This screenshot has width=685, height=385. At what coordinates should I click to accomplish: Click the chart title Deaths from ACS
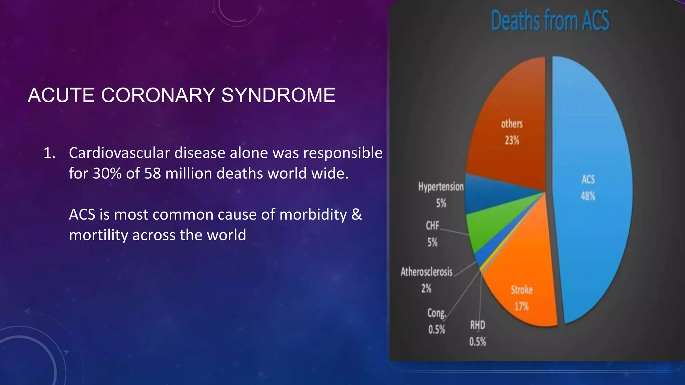[x=550, y=21]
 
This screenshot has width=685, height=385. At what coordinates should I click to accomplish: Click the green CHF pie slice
[x=492, y=227]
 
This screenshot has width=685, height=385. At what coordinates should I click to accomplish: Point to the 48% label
[x=588, y=196]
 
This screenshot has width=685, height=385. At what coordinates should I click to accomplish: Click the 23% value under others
[x=512, y=140]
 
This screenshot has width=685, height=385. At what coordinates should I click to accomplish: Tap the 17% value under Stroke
[x=521, y=306]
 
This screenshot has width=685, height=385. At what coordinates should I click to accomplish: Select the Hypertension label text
[x=441, y=187]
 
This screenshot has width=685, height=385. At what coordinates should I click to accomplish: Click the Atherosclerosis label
[x=426, y=272]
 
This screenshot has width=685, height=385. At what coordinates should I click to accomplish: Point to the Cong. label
[x=436, y=313]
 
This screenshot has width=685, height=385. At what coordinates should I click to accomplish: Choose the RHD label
[x=477, y=325]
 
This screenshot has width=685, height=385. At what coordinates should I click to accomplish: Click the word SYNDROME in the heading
[x=278, y=95]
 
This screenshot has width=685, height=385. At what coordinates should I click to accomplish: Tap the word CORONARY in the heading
[x=158, y=95]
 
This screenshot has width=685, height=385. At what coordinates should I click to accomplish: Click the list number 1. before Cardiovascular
[x=50, y=153]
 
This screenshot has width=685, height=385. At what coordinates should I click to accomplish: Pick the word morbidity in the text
[x=313, y=215]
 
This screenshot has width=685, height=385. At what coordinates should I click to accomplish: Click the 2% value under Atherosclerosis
[x=426, y=288]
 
